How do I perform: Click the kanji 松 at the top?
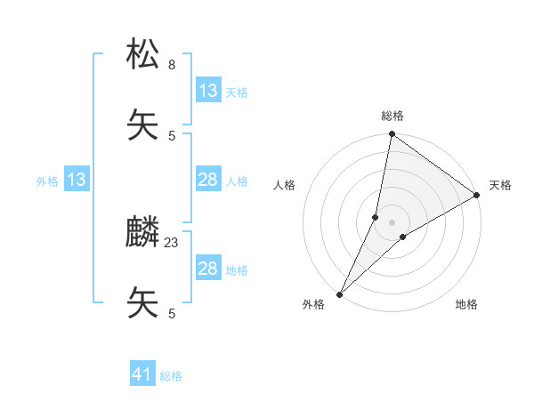point(143,55)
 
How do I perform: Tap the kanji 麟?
point(143,233)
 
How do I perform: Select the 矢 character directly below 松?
point(143,126)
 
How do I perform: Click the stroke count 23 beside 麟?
point(172,242)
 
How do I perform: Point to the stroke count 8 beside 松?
point(172,64)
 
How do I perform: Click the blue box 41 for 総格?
point(142,375)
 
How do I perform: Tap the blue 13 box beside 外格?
point(77,181)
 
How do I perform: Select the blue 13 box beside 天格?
point(208,91)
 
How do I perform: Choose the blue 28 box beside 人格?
point(208,181)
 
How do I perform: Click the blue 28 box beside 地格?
point(208,269)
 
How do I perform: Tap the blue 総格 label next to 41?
point(171,376)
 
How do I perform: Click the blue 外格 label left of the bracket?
point(47,181)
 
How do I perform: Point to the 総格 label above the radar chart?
point(392,116)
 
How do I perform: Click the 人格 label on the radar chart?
point(285,185)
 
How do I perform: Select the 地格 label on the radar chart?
point(466,304)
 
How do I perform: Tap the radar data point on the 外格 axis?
point(340,293)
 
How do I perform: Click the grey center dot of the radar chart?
point(392,222)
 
